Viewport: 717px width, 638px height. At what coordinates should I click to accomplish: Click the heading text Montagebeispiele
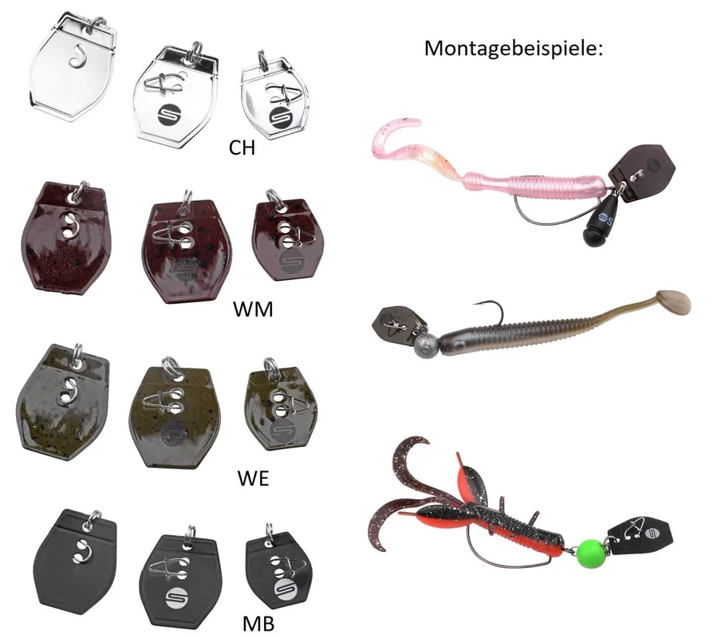click(513, 48)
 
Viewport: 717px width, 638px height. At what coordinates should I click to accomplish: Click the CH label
click(242, 148)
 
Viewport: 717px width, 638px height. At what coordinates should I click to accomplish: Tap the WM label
click(253, 309)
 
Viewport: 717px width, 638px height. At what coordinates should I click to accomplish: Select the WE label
click(253, 478)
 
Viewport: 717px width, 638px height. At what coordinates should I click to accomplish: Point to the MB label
click(258, 624)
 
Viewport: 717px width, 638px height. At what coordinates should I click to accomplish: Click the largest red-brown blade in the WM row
click(65, 237)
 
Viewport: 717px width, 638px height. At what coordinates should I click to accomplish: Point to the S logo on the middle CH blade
click(169, 116)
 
